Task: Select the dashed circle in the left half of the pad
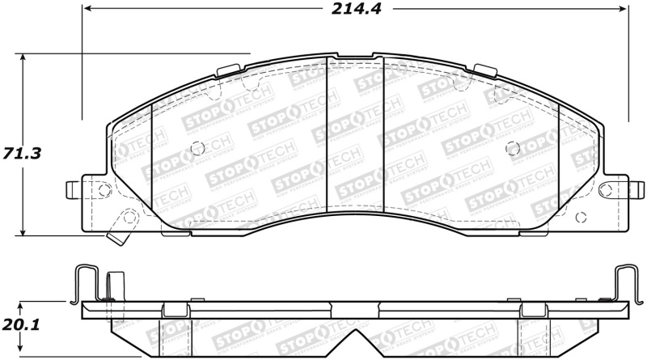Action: coord(197,148)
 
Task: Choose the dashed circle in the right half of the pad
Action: coord(511,148)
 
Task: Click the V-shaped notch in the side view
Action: coord(353,340)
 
